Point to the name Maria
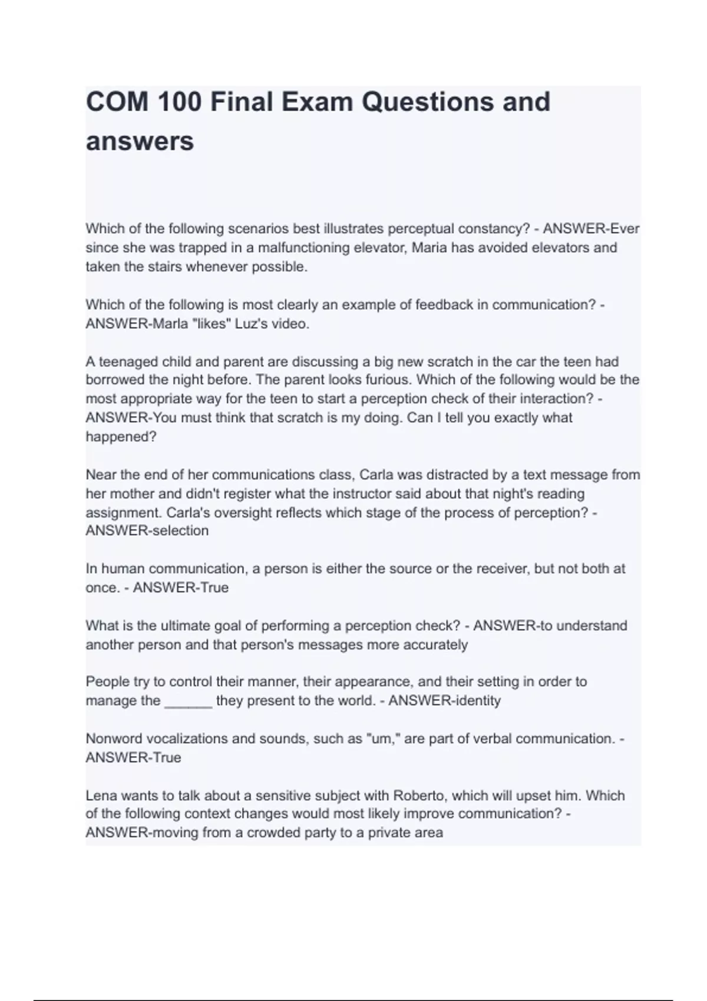point(430,247)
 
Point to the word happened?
point(121,437)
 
